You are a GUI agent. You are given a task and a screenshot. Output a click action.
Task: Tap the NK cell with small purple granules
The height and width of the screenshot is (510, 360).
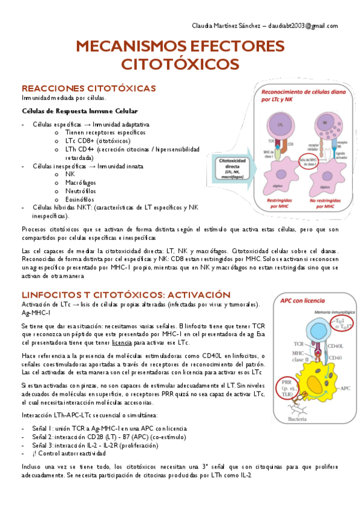pyautogui.click(x=325, y=126)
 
